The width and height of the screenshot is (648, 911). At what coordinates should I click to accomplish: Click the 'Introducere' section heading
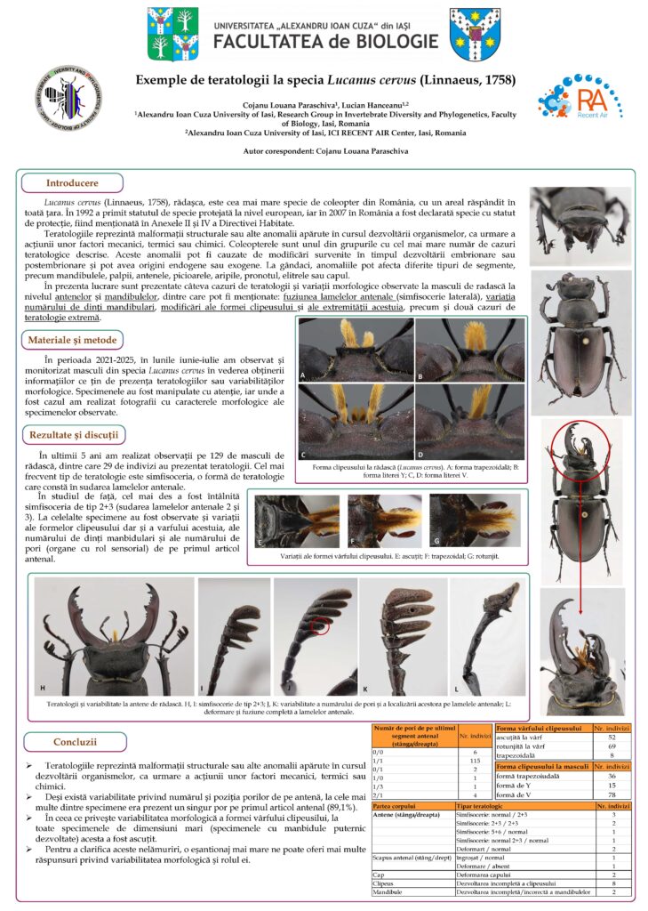72,183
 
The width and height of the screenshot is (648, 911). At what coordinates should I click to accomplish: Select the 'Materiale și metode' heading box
74,341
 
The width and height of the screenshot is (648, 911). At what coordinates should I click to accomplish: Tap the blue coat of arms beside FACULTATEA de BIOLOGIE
475,33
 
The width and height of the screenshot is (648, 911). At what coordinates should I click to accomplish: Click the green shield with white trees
172,34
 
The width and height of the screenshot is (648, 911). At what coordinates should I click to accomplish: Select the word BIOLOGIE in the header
388,41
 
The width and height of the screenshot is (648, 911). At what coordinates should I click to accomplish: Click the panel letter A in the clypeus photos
303,376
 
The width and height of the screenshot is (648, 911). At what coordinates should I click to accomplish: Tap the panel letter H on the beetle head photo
43,688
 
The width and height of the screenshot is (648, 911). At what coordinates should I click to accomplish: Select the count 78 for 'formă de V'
612,794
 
